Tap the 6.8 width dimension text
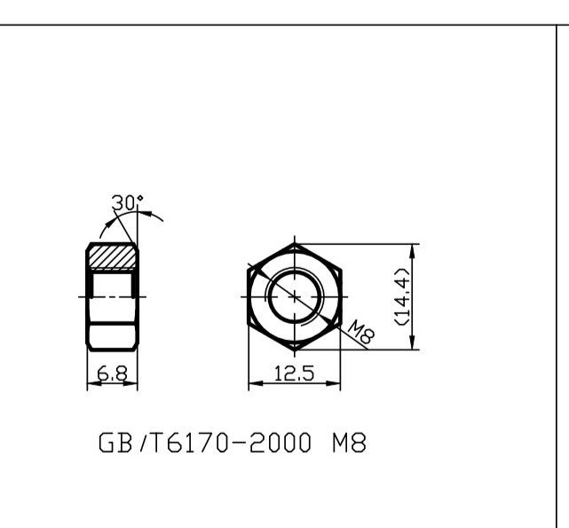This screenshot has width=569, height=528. (111, 374)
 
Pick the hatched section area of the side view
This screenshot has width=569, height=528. (113, 257)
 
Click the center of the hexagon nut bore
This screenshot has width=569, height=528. (293, 296)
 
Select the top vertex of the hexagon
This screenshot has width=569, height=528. (294, 242)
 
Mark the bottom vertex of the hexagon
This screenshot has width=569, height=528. (294, 351)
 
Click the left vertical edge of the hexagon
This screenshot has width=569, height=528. (248, 296)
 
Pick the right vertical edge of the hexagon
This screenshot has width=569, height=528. (340, 296)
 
